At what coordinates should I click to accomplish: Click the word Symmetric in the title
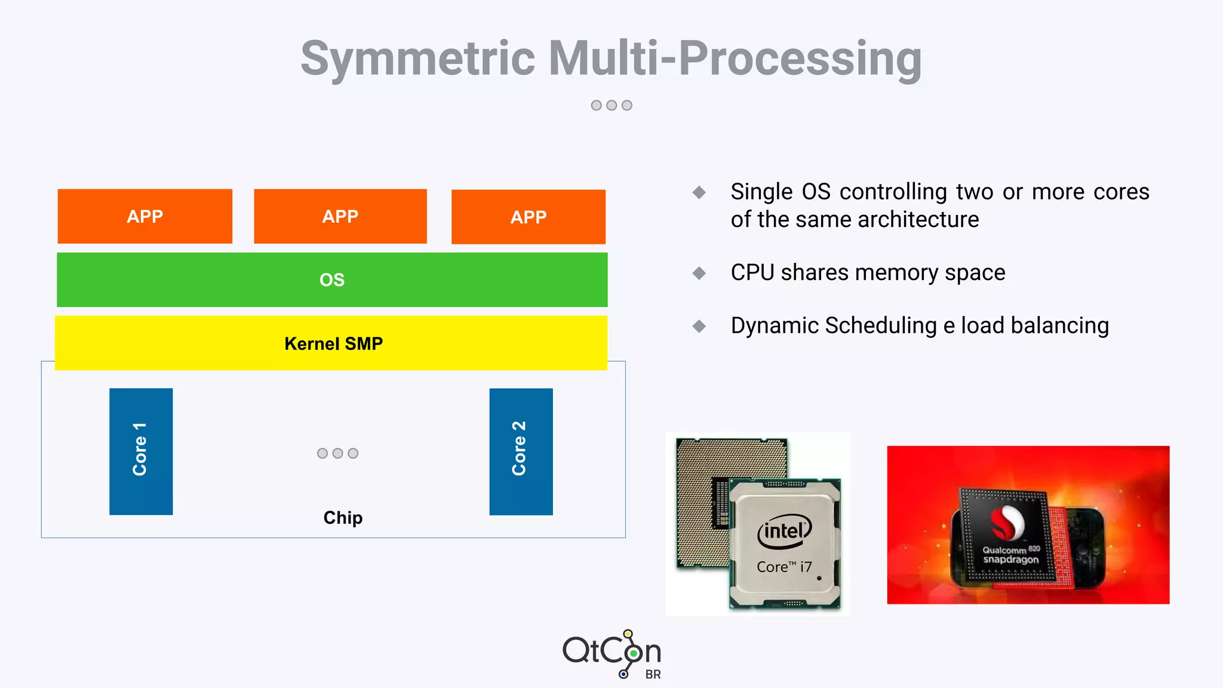417,59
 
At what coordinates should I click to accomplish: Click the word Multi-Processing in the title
735,59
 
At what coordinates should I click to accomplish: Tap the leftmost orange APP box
145,216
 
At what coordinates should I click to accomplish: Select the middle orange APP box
340,216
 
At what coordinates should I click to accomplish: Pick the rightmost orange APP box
528,217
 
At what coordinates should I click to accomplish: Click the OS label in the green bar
332,280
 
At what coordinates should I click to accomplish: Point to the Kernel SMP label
333,343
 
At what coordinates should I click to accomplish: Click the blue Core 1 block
141,451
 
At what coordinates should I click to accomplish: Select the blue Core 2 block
521,451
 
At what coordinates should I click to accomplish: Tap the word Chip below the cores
343,517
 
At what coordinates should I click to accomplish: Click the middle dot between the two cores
337,453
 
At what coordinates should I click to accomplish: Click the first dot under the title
596,106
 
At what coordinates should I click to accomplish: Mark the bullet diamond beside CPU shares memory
699,273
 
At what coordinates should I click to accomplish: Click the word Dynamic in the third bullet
774,326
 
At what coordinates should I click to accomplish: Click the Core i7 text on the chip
784,567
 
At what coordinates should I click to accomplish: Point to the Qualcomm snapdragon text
1010,555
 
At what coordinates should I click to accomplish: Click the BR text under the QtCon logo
653,674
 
